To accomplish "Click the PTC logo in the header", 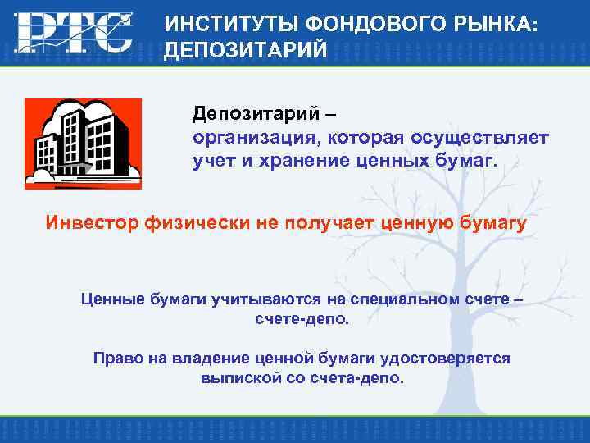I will (73, 33).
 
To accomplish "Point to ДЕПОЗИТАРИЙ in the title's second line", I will (246, 51).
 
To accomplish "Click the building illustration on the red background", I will (83, 144).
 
